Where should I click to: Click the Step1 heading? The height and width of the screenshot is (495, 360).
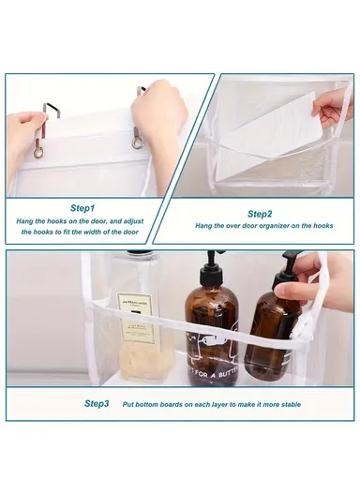(x=82, y=207)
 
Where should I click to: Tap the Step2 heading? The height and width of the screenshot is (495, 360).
(x=260, y=213)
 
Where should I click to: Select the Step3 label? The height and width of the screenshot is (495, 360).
(x=97, y=403)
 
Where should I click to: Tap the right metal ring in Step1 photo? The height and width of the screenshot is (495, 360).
(x=138, y=142)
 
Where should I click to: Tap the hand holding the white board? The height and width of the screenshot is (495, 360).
(x=334, y=107)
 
